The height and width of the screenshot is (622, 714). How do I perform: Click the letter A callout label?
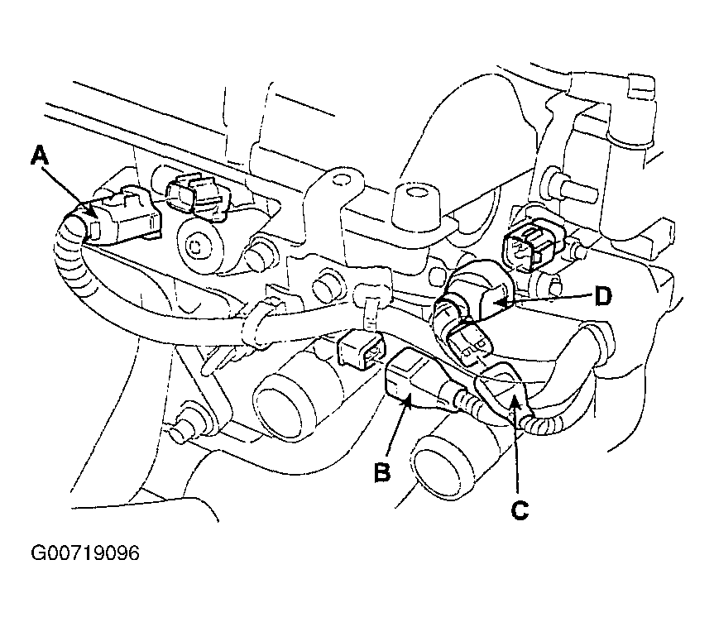40,155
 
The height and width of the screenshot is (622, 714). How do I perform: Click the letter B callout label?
382,471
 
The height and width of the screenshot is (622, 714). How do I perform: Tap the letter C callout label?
520,510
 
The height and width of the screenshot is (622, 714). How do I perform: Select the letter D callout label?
603,297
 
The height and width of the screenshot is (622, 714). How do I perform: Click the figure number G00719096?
85,553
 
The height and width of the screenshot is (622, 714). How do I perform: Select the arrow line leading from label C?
516,444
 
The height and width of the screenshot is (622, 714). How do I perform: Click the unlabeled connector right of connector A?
198,197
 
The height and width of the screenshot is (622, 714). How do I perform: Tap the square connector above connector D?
532,245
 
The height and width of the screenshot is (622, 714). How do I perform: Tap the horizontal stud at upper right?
572,186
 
